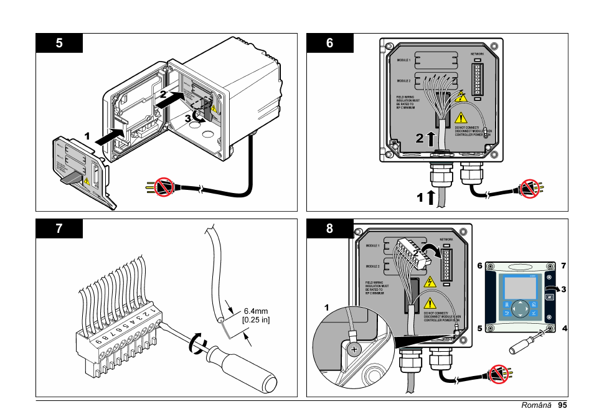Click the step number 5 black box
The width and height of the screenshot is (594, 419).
pyautogui.click(x=59, y=43)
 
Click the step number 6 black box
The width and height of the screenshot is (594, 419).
pyautogui.click(x=330, y=43)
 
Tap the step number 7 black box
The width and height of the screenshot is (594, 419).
pyautogui.click(x=59, y=228)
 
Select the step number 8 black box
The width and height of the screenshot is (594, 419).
pyautogui.click(x=330, y=228)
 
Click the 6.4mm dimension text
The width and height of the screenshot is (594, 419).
pyautogui.click(x=255, y=311)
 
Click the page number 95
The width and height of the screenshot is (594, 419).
pyautogui.click(x=562, y=406)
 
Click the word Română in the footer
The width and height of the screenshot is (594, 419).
pyautogui.click(x=537, y=406)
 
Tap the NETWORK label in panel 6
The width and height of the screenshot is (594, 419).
pyautogui.click(x=477, y=54)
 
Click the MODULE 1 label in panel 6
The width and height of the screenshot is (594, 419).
pyautogui.click(x=403, y=60)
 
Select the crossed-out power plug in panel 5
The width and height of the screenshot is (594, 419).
pyautogui.click(x=163, y=186)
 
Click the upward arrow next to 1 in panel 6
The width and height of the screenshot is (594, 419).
pyautogui.click(x=430, y=198)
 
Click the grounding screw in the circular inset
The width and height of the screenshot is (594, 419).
pyautogui.click(x=354, y=349)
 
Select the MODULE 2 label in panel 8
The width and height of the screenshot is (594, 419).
pyautogui.click(x=374, y=266)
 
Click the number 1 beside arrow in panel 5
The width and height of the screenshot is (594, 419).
pyautogui.click(x=88, y=135)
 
